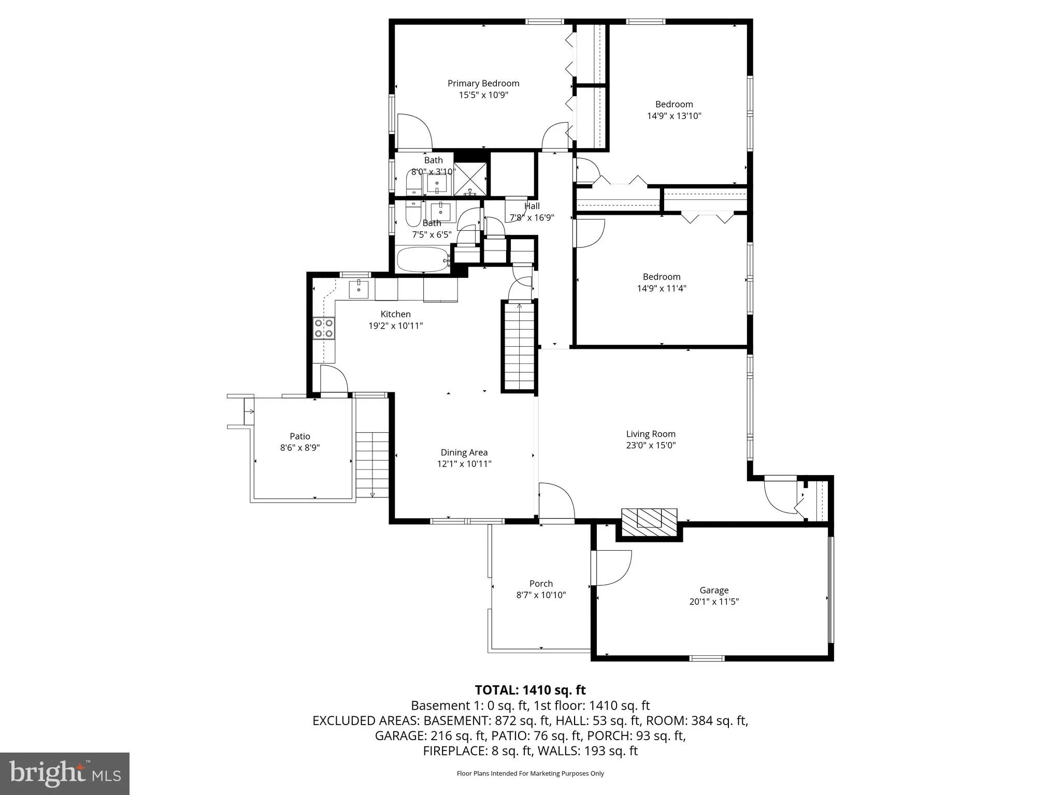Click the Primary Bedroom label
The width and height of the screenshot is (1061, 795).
tap(483, 83)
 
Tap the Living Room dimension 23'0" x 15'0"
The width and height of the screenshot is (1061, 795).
tap(651, 445)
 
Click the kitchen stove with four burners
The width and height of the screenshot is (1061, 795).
tap(324, 328)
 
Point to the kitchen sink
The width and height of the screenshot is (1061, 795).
tap(359, 289)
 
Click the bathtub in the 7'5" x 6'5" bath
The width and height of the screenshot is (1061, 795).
tap(423, 259)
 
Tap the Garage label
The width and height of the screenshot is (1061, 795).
tap(713, 590)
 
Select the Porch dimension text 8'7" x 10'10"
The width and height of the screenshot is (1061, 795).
tap(541, 595)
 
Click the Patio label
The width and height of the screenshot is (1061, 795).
tap(299, 436)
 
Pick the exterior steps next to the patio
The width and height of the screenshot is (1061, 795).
tap(372, 464)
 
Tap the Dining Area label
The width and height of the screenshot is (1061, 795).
tap(464, 452)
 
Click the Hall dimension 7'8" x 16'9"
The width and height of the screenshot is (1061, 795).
tap(532, 218)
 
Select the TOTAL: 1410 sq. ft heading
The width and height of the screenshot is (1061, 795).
tap(530, 690)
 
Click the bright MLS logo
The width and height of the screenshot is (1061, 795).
tap(64, 773)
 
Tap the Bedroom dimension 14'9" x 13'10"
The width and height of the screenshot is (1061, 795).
tap(673, 116)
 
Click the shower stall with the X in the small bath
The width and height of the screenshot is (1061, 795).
tap(470, 179)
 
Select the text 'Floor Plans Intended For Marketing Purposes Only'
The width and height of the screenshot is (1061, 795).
tap(530, 773)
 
